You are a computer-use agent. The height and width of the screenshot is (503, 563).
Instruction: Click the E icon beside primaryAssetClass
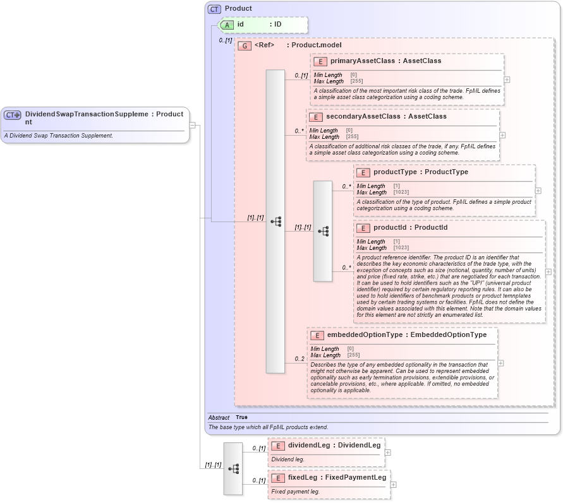tap(320, 61)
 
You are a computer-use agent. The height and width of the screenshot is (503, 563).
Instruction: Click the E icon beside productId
tap(363, 228)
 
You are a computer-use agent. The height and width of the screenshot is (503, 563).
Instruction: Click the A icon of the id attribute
tap(227, 25)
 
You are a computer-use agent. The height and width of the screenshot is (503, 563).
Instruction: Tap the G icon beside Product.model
tap(245, 45)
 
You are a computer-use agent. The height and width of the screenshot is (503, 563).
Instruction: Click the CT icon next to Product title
tap(214, 9)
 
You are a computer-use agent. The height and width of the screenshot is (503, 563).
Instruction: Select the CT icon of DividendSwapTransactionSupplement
tap(13, 115)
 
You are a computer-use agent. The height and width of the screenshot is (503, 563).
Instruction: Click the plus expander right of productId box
tap(548, 272)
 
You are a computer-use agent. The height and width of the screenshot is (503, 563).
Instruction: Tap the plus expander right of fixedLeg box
tap(394, 485)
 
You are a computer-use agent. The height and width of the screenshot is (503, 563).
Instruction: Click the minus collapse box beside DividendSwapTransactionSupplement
tap(192, 125)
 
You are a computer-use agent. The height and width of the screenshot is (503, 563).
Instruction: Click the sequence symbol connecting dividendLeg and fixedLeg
tap(233, 469)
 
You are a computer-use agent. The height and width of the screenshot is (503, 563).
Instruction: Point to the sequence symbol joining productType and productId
tap(323, 231)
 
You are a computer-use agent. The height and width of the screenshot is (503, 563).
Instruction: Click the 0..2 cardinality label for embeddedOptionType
tap(299, 359)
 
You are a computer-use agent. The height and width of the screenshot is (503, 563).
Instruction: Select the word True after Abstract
tap(241, 417)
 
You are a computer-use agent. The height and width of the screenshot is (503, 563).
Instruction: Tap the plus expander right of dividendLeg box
tap(388, 453)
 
